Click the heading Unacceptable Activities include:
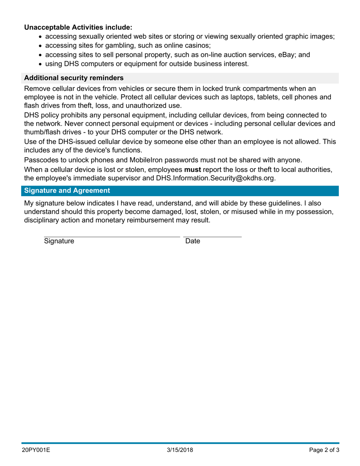[78, 27]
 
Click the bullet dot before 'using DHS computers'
[41, 64]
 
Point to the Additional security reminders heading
[74, 78]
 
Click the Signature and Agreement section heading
[67, 191]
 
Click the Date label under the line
[192, 241]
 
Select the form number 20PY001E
[36, 450]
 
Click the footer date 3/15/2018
[180, 450]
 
